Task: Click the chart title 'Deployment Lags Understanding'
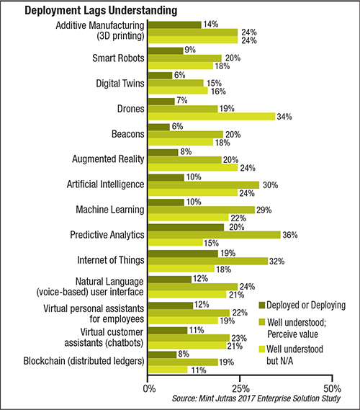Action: pyautogui.click(x=101, y=11)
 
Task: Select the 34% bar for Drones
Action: pyautogui.click(x=212, y=116)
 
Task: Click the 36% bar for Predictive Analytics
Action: pyautogui.click(x=215, y=235)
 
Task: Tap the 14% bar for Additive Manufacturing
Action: pyautogui.click(x=174, y=24)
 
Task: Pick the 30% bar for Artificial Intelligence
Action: pyautogui.click(x=204, y=185)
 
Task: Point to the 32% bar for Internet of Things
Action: pyautogui.click(x=208, y=261)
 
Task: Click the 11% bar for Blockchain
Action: pyautogui.click(x=168, y=370)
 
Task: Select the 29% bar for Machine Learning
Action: pyautogui.click(x=202, y=210)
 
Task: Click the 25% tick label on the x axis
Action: pyautogui.click(x=240, y=389)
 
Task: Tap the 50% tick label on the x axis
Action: pyautogui.click(x=333, y=389)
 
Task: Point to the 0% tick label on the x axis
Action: pyautogui.click(x=149, y=389)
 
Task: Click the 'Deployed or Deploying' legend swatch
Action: pyautogui.click(x=262, y=305)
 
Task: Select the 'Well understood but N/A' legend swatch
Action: pyautogui.click(x=262, y=349)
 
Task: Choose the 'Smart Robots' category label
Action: pyautogui.click(x=118, y=58)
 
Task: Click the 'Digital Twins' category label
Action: pyautogui.click(x=120, y=84)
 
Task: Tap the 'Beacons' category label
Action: pyautogui.click(x=128, y=134)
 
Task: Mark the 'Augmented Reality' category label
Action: pyautogui.click(x=108, y=159)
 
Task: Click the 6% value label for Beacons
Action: pyautogui.click(x=177, y=127)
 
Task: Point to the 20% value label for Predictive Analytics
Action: pyautogui.click(x=237, y=227)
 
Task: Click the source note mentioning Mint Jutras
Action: pyautogui.click(x=256, y=398)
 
